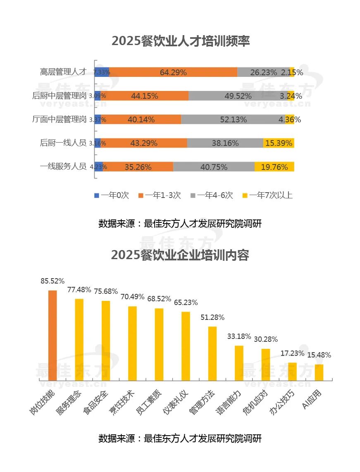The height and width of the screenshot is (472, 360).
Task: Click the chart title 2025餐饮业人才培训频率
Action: (181, 41)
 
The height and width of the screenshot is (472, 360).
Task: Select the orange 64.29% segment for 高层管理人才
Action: (173, 72)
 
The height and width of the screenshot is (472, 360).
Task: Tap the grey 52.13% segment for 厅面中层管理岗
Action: (233, 119)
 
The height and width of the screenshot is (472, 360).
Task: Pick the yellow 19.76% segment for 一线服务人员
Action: (274, 167)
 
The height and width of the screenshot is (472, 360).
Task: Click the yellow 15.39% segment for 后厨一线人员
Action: (279, 143)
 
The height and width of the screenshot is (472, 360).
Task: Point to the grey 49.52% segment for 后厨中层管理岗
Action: (238, 96)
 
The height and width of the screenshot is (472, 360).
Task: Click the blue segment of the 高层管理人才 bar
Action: (102, 72)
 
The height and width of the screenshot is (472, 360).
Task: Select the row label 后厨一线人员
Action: (63, 143)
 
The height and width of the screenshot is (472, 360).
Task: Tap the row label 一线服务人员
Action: (63, 167)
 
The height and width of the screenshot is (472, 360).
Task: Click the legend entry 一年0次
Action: (112, 195)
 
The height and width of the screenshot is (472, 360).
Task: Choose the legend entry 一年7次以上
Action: (267, 195)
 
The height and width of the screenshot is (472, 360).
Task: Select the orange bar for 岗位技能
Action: (52, 335)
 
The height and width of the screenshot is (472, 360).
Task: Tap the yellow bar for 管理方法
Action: (212, 353)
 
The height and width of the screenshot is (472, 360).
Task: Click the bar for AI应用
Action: (319, 372)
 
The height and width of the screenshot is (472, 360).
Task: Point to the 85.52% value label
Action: (52, 281)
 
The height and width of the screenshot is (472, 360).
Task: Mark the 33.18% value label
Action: (239, 336)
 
